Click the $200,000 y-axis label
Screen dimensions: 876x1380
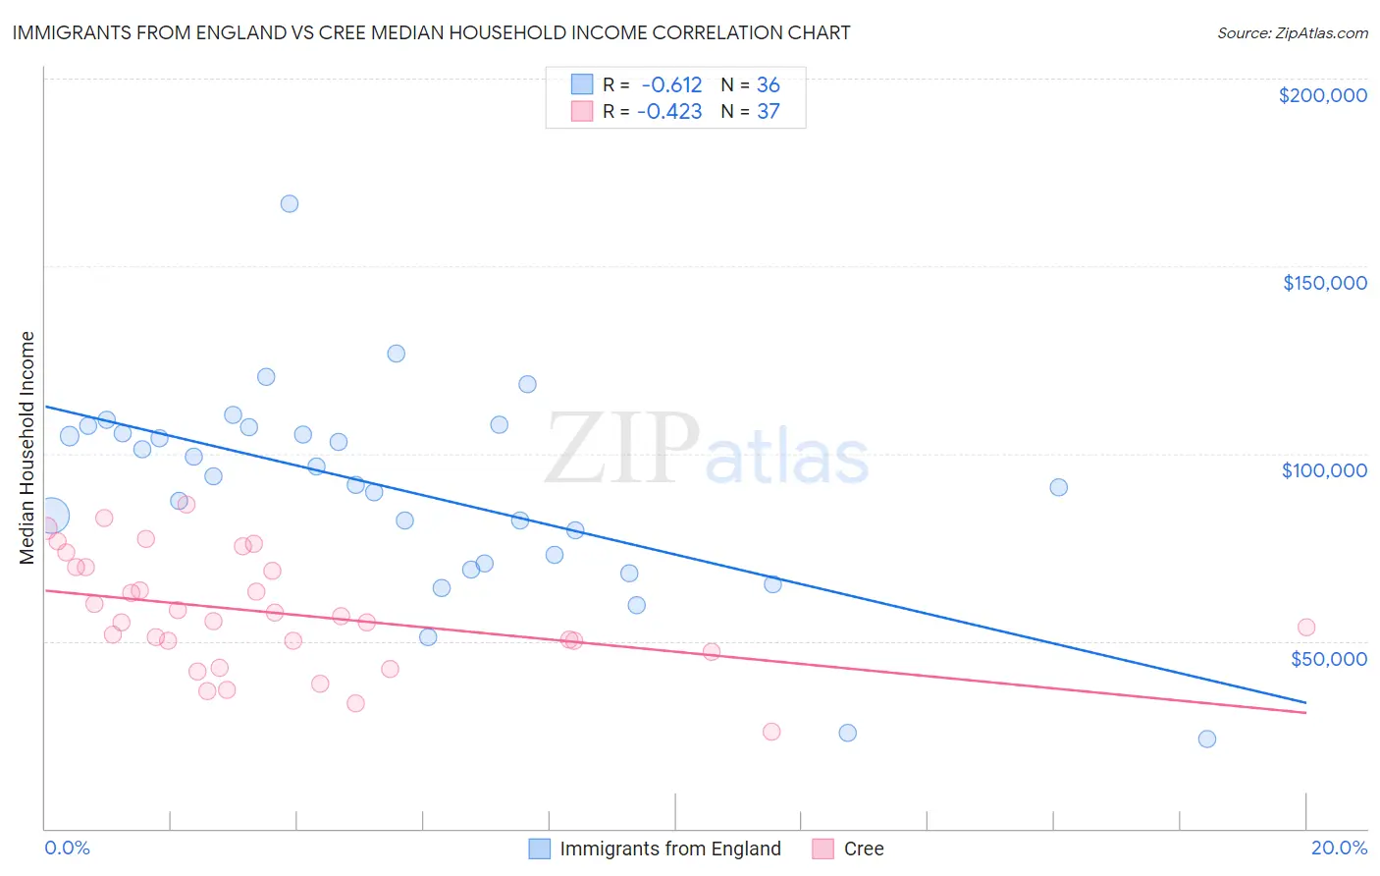1322,95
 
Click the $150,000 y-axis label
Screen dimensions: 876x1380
1324,283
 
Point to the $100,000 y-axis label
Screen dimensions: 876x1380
1324,470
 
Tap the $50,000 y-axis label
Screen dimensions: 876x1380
1328,658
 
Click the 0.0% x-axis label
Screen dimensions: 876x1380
67,848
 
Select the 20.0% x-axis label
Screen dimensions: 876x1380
1339,848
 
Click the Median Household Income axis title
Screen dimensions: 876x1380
27,448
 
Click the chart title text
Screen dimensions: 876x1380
431,32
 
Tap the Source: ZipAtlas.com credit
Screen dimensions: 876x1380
1292,32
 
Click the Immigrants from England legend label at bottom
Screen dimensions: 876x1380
669,849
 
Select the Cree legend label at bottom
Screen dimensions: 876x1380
864,849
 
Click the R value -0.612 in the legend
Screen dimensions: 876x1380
671,85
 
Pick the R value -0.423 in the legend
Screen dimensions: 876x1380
669,112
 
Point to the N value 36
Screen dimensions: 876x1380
768,85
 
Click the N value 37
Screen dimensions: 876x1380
768,112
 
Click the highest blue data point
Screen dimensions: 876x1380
290,204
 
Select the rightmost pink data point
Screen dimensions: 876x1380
1305,628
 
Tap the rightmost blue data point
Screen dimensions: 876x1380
1207,739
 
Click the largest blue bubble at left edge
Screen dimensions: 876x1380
51,515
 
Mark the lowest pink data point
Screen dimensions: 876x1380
771,732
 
